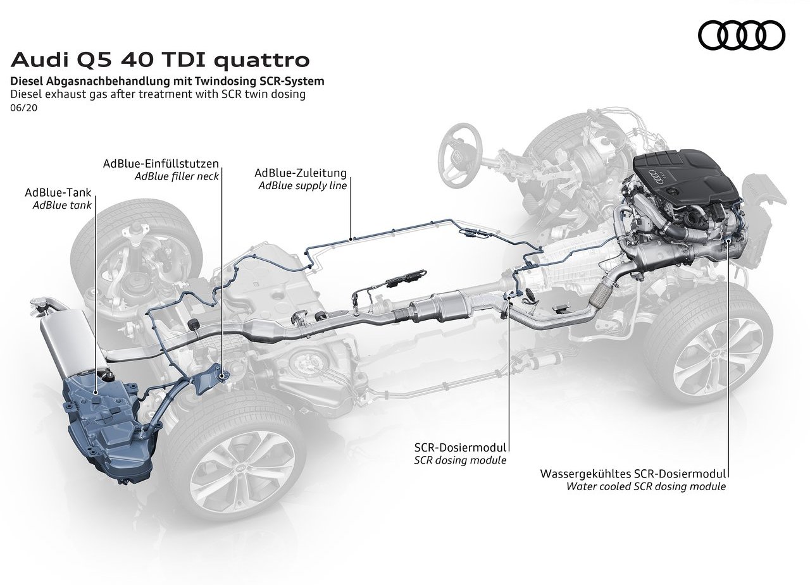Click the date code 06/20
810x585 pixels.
(x=24, y=108)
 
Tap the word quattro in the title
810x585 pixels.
(x=262, y=60)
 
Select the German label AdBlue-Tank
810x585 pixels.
(x=58, y=192)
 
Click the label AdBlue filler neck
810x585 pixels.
(x=177, y=176)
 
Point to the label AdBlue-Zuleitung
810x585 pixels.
(x=301, y=173)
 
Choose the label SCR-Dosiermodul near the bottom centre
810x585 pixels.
(x=460, y=448)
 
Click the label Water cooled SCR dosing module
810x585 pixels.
(x=646, y=486)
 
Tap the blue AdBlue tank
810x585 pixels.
(x=106, y=426)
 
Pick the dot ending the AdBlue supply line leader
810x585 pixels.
(x=351, y=238)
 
